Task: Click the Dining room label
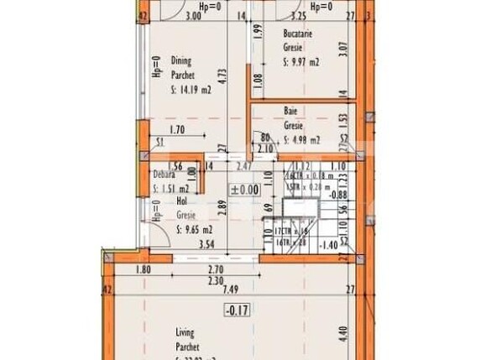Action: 181,60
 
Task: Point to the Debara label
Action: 164,175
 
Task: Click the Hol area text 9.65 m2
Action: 195,228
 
